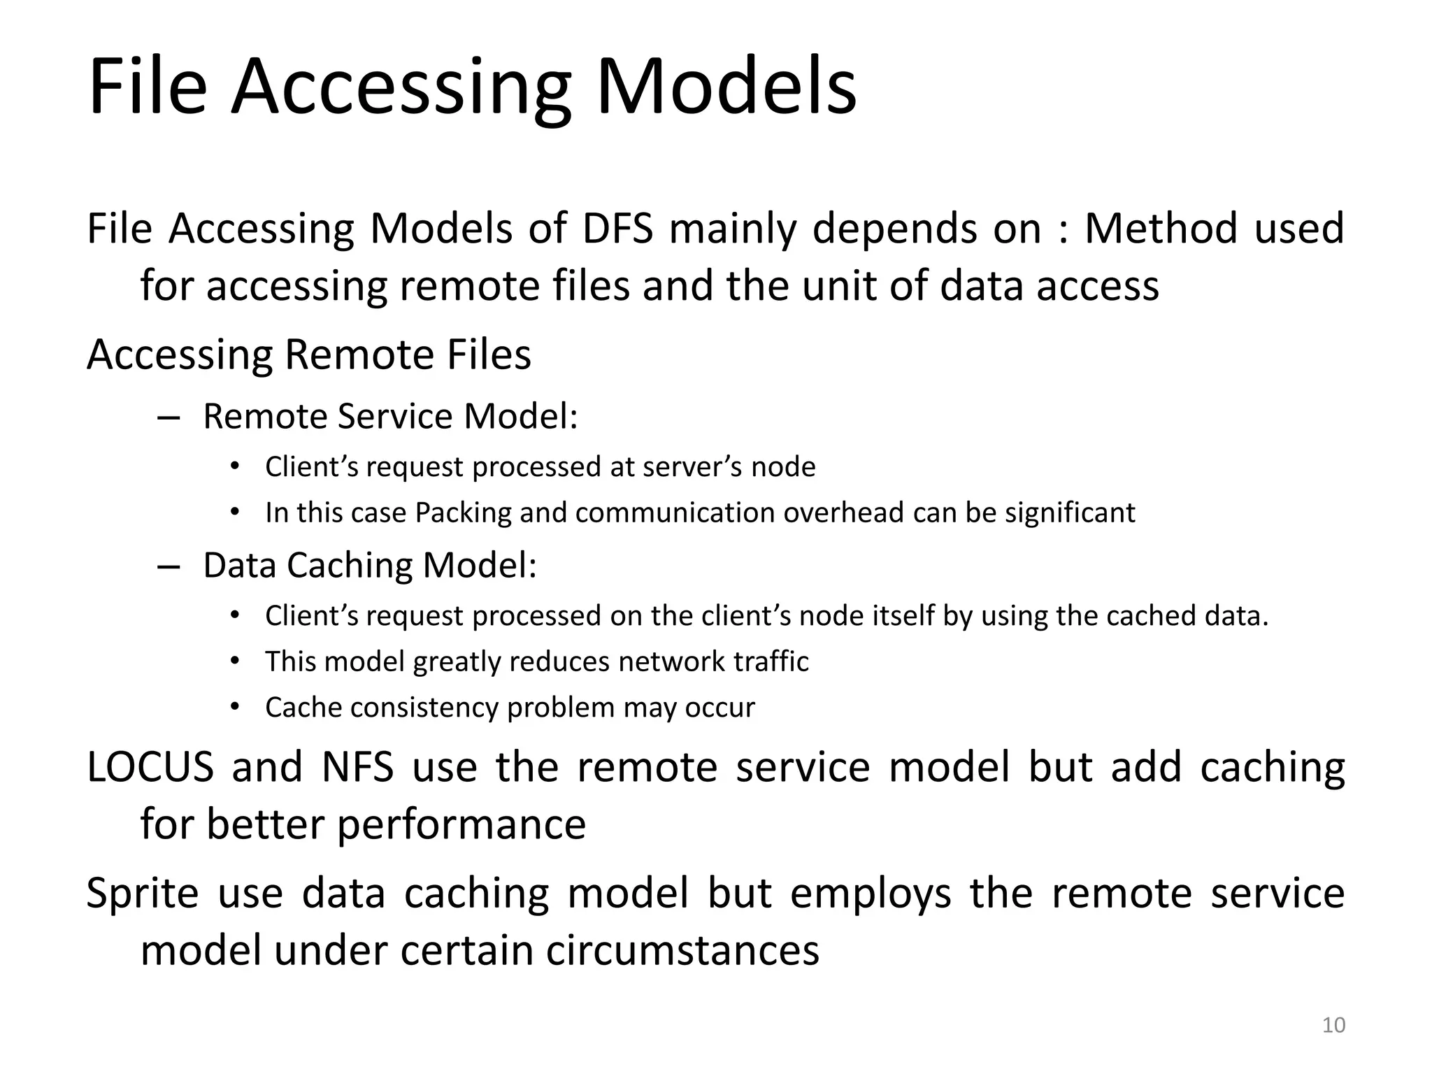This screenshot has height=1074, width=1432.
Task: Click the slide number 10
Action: point(1333,1025)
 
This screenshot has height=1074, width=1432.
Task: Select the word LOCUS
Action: point(150,767)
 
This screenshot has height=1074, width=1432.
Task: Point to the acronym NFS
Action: point(357,767)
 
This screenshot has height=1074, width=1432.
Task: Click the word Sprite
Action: point(143,894)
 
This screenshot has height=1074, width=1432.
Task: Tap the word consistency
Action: point(424,708)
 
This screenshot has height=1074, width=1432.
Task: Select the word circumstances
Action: point(682,951)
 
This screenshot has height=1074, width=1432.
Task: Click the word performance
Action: point(461,825)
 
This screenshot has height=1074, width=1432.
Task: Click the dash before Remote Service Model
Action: point(169,417)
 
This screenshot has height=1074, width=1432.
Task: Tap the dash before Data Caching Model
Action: point(169,566)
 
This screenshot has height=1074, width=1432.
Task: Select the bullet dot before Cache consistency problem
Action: point(235,707)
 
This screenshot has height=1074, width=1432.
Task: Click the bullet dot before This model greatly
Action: point(235,661)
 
